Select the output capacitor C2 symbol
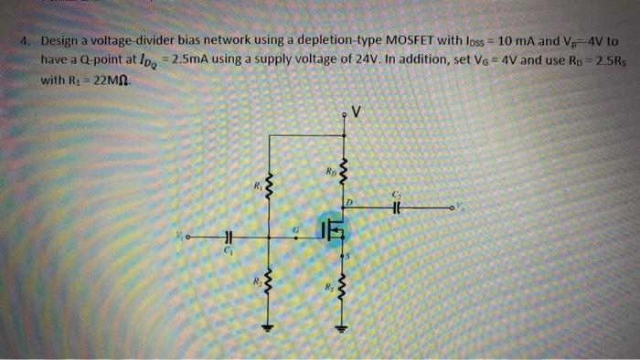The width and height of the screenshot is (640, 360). click(396, 207)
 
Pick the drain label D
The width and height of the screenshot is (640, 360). click(350, 200)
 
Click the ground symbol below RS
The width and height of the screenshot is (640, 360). click(344, 329)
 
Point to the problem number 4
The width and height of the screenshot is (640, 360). click(29, 42)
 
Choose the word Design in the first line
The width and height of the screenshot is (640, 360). click(63, 42)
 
